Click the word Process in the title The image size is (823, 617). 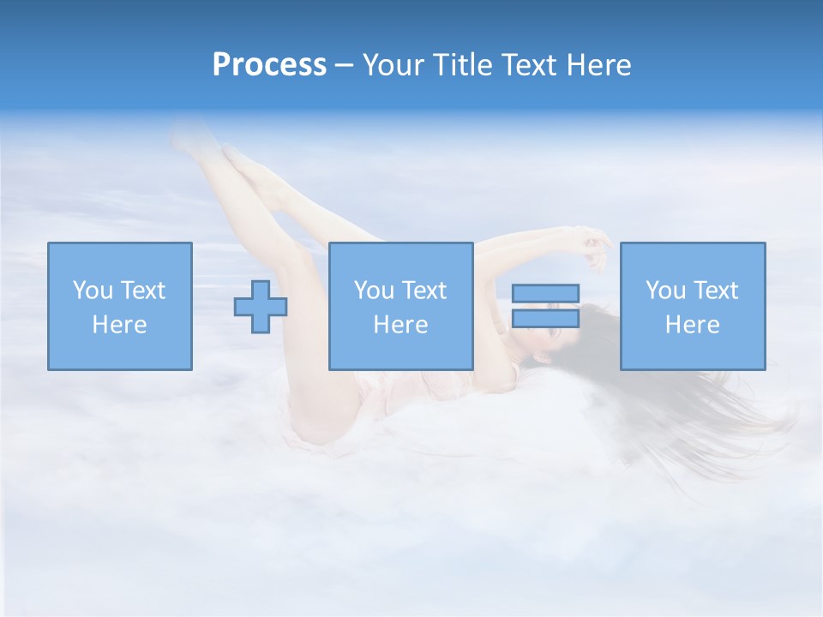[x=269, y=65]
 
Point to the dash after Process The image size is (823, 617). [x=344, y=66]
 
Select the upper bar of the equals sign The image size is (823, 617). [x=545, y=293]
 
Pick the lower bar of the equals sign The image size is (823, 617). [x=545, y=318]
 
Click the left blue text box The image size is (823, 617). [x=119, y=306]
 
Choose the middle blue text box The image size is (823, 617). [x=400, y=306]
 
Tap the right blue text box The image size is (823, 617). [x=692, y=306]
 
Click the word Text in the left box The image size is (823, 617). [x=142, y=291]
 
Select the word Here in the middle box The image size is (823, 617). [x=400, y=325]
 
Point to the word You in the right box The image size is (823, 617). [x=665, y=291]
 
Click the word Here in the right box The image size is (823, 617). [x=692, y=325]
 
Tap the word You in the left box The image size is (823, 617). [x=93, y=291]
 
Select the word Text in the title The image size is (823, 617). [x=529, y=65]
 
